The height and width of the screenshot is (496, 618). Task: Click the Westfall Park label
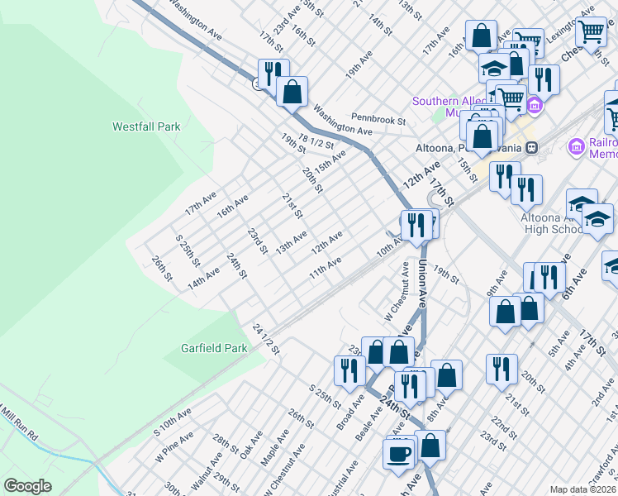[x=146, y=127]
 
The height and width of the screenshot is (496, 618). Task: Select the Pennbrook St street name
[x=378, y=119]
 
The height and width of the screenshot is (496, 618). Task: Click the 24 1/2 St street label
[x=267, y=339]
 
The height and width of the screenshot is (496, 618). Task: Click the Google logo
[x=27, y=486]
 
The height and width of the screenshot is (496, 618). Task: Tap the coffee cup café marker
[x=399, y=454]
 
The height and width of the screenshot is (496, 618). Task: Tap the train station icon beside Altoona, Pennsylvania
[x=532, y=147]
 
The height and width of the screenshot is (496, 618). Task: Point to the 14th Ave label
[x=203, y=278]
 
